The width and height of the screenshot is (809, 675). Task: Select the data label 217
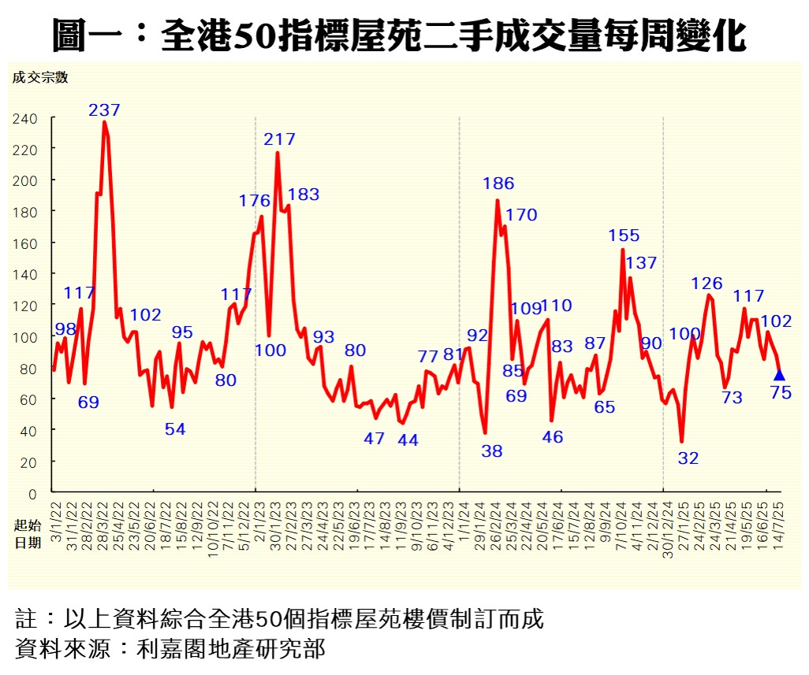279,139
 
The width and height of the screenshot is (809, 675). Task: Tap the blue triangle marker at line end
779,375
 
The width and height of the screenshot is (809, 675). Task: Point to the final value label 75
780,392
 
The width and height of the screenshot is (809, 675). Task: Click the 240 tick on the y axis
24,118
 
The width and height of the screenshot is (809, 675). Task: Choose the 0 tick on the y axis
32,494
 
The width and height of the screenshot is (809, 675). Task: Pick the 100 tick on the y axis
24,337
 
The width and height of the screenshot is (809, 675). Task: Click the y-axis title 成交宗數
39,77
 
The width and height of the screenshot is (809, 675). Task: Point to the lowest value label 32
688,458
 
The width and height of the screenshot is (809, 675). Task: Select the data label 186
498,184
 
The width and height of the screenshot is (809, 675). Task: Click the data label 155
624,235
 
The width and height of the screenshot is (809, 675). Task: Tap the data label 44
408,440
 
